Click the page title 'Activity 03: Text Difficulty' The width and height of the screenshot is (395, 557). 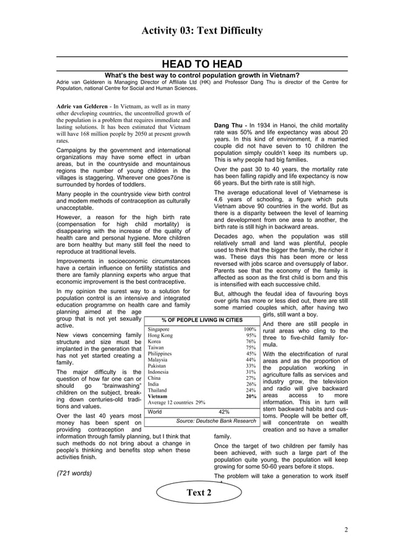202,30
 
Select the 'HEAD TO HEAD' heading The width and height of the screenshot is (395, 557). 202,64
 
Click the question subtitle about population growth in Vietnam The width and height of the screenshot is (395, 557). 202,75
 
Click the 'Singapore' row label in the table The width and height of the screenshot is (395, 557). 158,329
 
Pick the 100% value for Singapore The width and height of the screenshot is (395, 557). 250,329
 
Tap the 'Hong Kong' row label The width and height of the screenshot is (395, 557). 160,335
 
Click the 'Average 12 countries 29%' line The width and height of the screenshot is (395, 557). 176,402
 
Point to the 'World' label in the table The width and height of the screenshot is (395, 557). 155,411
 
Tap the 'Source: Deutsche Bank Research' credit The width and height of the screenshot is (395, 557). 215,421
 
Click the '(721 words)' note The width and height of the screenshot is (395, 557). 74,473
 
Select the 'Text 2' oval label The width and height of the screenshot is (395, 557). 199,493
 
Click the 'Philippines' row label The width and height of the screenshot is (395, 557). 160,354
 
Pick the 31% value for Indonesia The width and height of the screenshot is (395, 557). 251,372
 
